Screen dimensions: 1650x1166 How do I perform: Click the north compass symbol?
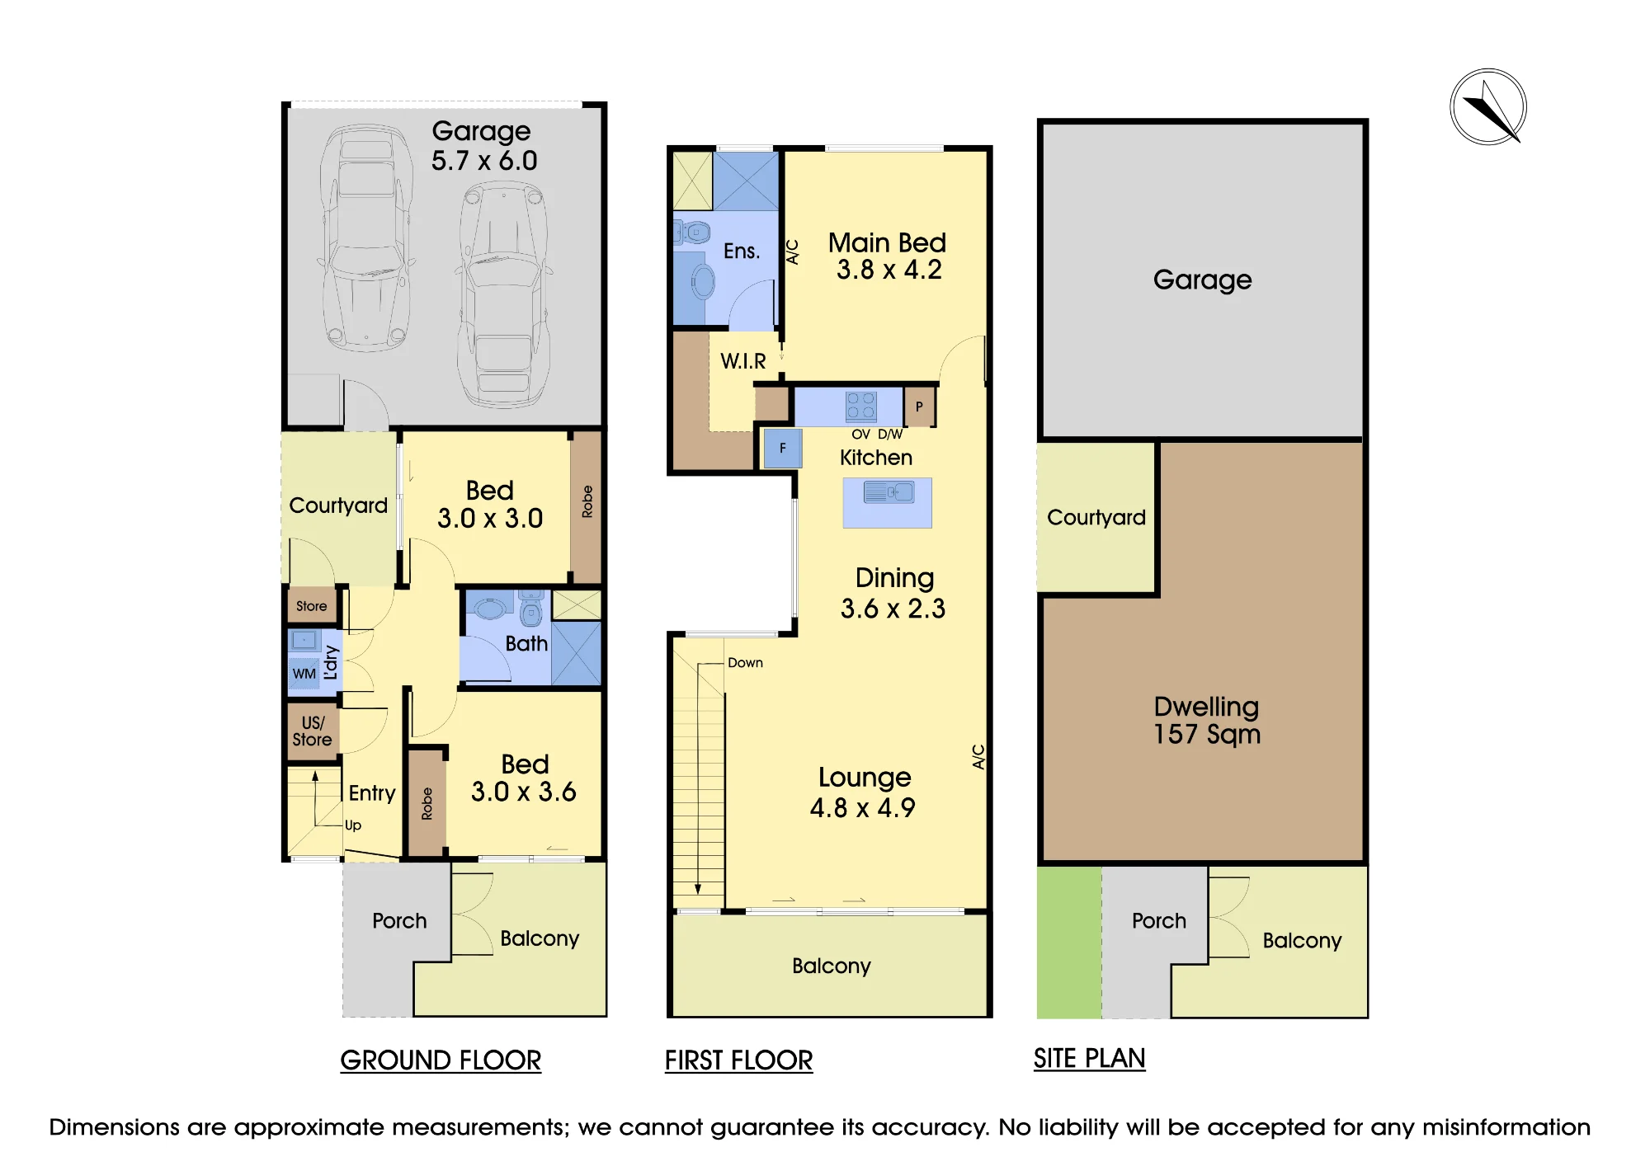pyautogui.click(x=1488, y=107)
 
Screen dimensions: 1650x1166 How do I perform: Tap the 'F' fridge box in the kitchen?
pyautogui.click(x=782, y=449)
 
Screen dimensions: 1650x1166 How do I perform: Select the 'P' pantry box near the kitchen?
pyautogui.click(x=919, y=407)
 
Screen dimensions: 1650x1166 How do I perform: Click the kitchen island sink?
pyautogui.click(x=889, y=493)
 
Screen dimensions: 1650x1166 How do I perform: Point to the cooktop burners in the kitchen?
pyautogui.click(x=860, y=406)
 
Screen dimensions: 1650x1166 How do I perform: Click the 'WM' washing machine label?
pyautogui.click(x=304, y=674)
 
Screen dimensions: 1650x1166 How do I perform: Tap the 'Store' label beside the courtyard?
pyautogui.click(x=311, y=606)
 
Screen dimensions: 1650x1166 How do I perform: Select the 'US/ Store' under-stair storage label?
pyautogui.click(x=312, y=731)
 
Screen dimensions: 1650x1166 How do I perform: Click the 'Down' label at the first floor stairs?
pyautogui.click(x=745, y=663)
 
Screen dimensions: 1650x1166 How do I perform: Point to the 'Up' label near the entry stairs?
pyautogui.click(x=353, y=825)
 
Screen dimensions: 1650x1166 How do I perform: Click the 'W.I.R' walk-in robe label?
pyautogui.click(x=743, y=361)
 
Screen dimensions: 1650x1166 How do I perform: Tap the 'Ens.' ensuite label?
pyautogui.click(x=742, y=251)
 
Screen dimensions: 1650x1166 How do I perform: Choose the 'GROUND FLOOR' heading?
pyautogui.click(x=441, y=1060)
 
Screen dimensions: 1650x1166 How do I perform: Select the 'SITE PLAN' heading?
pyautogui.click(x=1089, y=1058)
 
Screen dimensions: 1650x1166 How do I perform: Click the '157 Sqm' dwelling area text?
pyautogui.click(x=1207, y=734)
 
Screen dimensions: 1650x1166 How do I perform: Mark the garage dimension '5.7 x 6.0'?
pyautogui.click(x=484, y=160)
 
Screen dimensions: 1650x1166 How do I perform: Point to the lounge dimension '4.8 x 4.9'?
pyautogui.click(x=862, y=807)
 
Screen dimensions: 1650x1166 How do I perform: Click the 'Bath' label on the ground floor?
pyautogui.click(x=526, y=643)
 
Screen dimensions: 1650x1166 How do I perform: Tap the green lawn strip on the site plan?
pyautogui.click(x=1069, y=943)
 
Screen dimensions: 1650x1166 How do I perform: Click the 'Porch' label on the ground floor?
pyautogui.click(x=399, y=921)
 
